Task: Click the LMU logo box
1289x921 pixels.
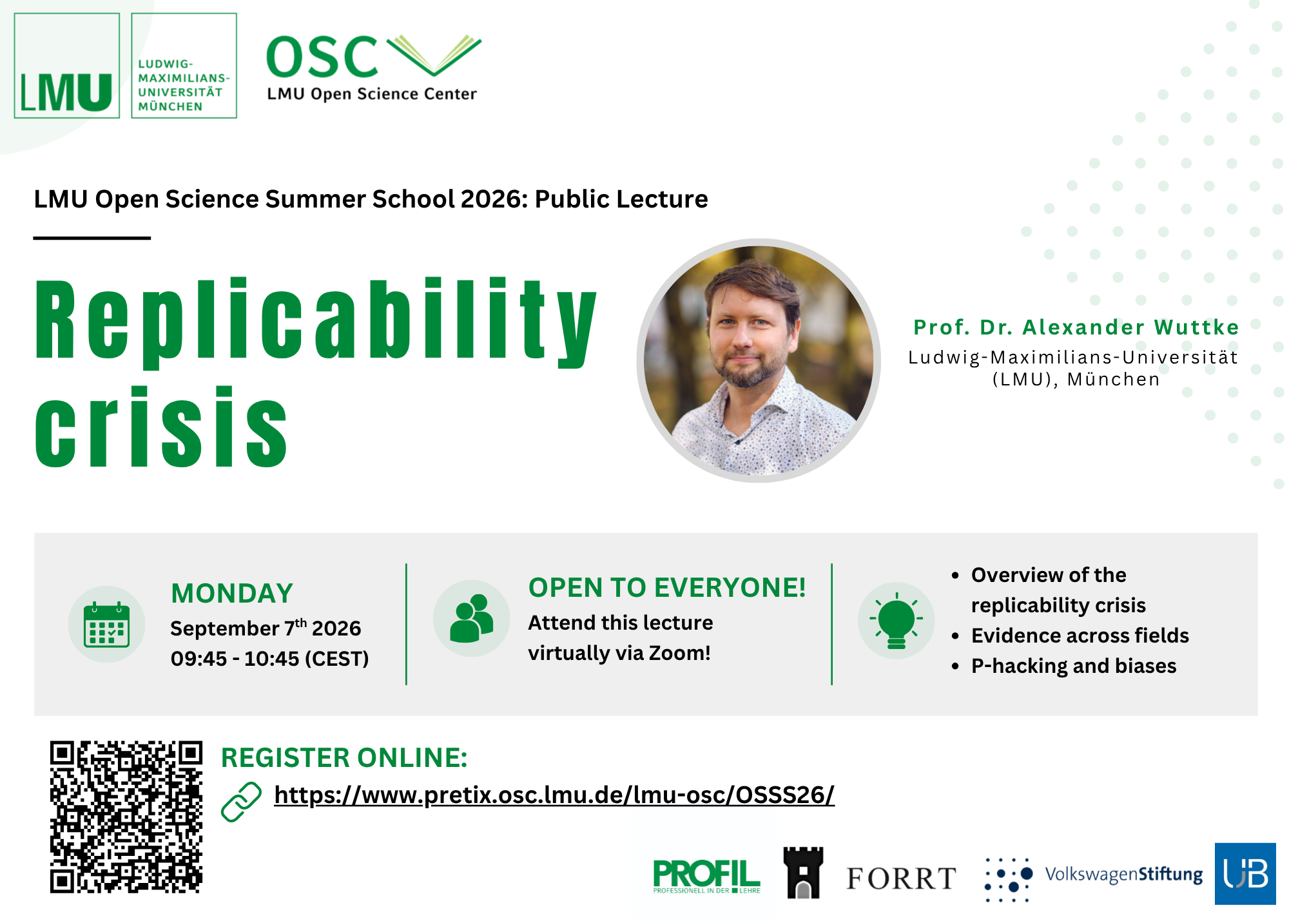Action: [67, 66]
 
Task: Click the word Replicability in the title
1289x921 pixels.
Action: [316, 321]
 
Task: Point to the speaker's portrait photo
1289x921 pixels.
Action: [759, 360]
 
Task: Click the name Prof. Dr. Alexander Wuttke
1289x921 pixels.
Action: [1076, 327]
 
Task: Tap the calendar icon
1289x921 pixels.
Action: [107, 624]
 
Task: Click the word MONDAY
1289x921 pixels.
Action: [232, 593]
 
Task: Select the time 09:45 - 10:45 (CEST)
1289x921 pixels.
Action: [269, 659]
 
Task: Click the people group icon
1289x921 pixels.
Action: [471, 619]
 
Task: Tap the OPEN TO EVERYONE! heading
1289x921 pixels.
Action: [667, 587]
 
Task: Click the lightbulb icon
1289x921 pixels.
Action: [896, 620]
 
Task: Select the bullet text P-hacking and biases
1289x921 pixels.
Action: [1074, 666]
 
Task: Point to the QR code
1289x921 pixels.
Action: [126, 817]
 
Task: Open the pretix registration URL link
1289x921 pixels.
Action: [554, 795]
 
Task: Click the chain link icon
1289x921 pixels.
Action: [241, 802]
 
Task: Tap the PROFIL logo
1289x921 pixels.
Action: [706, 876]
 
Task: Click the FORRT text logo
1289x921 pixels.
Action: [901, 878]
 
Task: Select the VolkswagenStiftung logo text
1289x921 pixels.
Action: [1123, 875]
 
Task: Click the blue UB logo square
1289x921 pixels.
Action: [1245, 873]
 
